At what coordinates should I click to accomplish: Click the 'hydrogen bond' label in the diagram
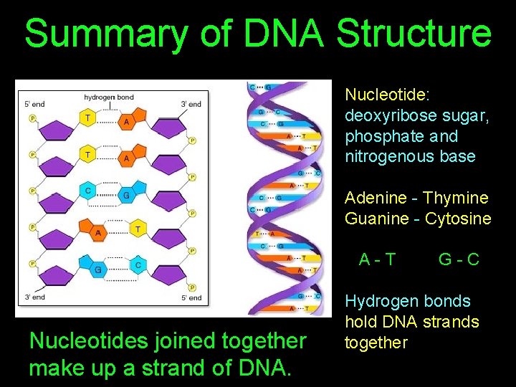pyautogui.click(x=109, y=97)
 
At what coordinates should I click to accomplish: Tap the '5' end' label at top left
pyautogui.click(x=34, y=104)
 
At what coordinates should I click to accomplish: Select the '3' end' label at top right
pyautogui.click(x=191, y=104)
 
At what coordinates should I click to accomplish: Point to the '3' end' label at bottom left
pyautogui.click(x=34, y=297)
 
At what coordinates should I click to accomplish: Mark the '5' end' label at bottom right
pyautogui.click(x=191, y=297)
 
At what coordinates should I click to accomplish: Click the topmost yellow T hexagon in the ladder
pyautogui.click(x=87, y=118)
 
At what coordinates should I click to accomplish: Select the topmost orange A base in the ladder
pyautogui.click(x=127, y=123)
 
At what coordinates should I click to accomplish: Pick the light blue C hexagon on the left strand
pyautogui.click(x=87, y=191)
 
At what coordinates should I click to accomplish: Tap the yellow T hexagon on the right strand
pyautogui.click(x=138, y=229)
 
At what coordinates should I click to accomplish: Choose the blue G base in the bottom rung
pyautogui.click(x=97, y=269)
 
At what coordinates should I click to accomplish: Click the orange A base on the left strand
pyautogui.click(x=98, y=232)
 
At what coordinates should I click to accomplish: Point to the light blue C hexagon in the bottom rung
pyautogui.click(x=138, y=264)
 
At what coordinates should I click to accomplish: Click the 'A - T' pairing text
pyautogui.click(x=377, y=259)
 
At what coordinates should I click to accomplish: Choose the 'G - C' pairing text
pyautogui.click(x=459, y=259)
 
